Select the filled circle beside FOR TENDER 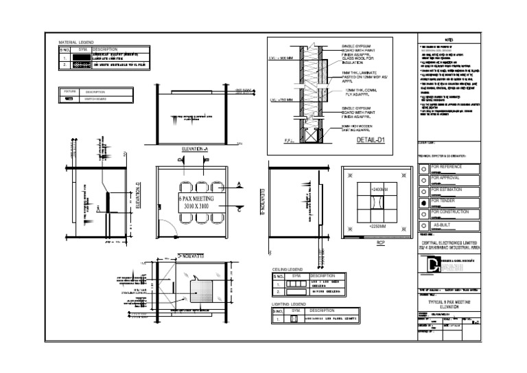[423, 203]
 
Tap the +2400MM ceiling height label [378, 188]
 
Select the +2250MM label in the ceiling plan [378, 226]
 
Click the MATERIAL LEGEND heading [76, 43]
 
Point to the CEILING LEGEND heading [287, 269]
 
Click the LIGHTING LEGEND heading [288, 304]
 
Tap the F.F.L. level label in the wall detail [290, 141]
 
